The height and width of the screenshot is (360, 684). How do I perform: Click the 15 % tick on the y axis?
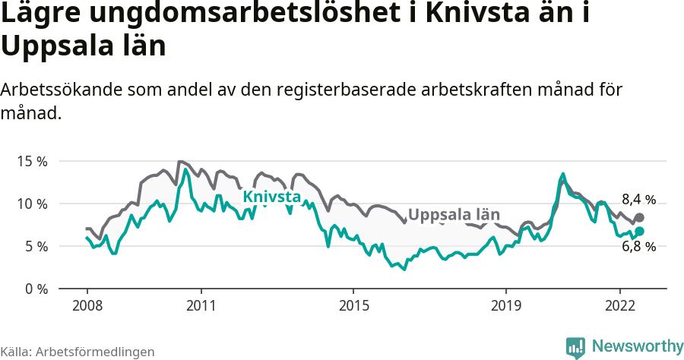click(x=32, y=162)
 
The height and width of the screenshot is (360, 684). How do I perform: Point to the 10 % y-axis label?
click(x=32, y=204)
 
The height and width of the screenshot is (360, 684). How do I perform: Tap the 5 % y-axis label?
click(x=35, y=247)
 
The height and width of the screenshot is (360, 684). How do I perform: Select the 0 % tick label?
click(x=35, y=289)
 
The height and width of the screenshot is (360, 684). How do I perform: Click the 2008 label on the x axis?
click(x=87, y=305)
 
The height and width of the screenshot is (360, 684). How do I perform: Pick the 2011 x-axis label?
click(x=201, y=305)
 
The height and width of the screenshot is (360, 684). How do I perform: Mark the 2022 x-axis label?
click(x=619, y=305)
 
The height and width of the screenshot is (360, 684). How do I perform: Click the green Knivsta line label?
click(x=271, y=197)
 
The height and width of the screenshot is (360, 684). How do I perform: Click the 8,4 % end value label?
click(x=638, y=201)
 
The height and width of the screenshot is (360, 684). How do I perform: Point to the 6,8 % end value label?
click(x=638, y=246)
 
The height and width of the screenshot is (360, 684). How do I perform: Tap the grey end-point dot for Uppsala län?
click(x=639, y=218)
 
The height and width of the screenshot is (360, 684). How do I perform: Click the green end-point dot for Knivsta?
click(x=639, y=231)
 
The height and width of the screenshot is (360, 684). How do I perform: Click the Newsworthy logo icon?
click(x=575, y=346)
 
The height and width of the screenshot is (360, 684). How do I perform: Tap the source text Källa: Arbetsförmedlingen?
click(x=78, y=352)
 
